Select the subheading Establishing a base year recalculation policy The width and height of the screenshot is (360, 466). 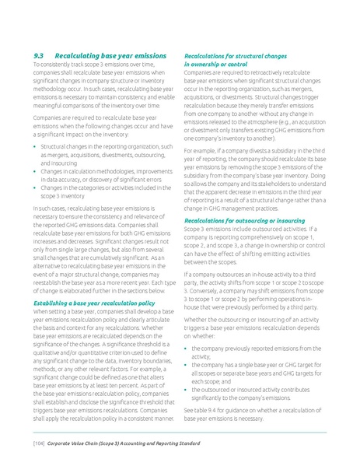click(93, 301)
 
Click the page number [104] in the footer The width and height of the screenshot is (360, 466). click(35, 440)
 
